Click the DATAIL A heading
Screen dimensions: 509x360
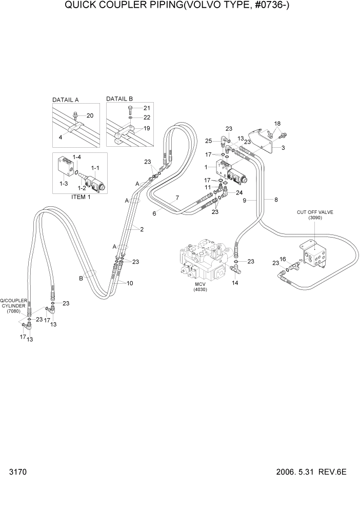coord(69,100)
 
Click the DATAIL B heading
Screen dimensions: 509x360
coord(119,99)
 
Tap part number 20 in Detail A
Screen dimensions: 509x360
coord(90,115)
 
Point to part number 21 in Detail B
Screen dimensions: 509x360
coord(147,108)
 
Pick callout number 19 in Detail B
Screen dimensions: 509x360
coord(147,129)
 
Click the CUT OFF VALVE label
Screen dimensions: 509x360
coord(311,212)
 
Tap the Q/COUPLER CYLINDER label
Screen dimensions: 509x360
coord(13,306)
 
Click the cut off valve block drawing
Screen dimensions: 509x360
coord(313,255)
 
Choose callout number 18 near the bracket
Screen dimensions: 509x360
coord(277,124)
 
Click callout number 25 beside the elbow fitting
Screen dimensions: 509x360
coord(208,141)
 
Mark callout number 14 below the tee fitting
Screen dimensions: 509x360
coord(235,283)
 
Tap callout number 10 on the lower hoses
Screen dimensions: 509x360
coord(130,283)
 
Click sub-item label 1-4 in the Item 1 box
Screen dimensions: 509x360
coord(77,156)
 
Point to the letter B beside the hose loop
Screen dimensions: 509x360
coord(81,279)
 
